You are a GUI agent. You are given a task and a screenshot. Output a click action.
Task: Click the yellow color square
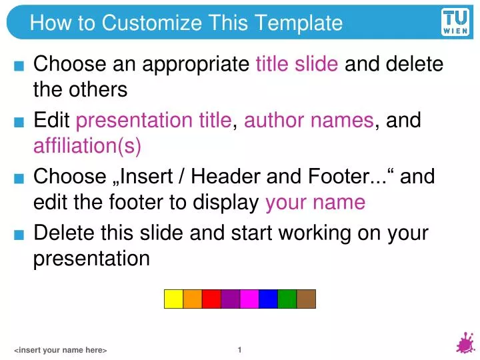(x=174, y=299)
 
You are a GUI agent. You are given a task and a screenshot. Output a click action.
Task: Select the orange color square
(x=193, y=299)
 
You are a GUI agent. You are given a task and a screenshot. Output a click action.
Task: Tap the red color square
(x=211, y=299)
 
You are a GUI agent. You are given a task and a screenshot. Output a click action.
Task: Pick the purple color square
(x=230, y=299)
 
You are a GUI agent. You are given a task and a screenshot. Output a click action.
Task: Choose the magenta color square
(x=249, y=299)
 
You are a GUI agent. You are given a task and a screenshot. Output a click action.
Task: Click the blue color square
(x=268, y=299)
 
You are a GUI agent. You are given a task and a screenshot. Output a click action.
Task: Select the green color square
(x=287, y=299)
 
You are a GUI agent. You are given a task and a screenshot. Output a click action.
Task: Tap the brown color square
(x=306, y=299)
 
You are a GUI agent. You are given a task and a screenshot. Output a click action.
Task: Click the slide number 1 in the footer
(x=239, y=349)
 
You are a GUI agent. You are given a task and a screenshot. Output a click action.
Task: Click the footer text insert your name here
(x=61, y=351)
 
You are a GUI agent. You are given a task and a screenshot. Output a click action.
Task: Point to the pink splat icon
(x=465, y=344)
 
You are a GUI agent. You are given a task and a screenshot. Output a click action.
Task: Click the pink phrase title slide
(x=297, y=65)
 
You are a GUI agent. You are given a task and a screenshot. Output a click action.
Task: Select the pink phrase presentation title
(x=154, y=121)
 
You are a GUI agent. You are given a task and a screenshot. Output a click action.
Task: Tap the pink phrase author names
(x=309, y=121)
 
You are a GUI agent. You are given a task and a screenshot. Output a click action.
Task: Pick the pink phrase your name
(x=315, y=201)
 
